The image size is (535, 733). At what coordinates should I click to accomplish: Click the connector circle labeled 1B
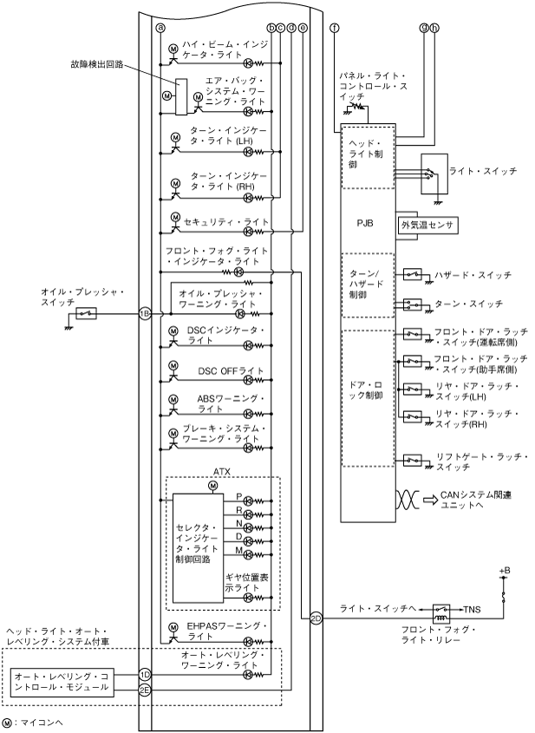[146, 314]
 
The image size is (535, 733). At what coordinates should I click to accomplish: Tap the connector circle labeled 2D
[316, 618]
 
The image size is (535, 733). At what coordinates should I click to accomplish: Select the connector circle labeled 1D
[145, 675]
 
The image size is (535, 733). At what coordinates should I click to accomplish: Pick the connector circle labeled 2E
[145, 690]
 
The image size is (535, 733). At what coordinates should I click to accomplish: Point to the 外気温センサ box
[427, 225]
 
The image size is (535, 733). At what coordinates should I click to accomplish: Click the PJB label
[365, 224]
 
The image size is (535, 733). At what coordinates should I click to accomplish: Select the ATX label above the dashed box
[221, 472]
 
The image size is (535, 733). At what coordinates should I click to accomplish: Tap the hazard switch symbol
[412, 274]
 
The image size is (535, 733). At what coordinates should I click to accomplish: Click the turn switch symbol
[412, 304]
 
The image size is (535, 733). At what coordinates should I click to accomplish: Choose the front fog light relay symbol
[441, 613]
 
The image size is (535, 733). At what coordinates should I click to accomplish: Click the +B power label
[505, 571]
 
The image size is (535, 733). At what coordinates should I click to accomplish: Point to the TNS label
[472, 610]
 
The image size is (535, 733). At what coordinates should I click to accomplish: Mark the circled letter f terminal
[335, 28]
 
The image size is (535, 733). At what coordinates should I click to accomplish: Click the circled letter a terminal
[160, 28]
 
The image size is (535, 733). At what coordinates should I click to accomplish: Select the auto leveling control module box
[62, 682]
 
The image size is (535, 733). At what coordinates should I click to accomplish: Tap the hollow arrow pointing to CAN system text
[431, 500]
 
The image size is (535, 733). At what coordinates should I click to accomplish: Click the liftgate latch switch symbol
[412, 461]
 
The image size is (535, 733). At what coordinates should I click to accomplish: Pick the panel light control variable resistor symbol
[356, 108]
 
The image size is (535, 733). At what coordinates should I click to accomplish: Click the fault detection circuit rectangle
[181, 97]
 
